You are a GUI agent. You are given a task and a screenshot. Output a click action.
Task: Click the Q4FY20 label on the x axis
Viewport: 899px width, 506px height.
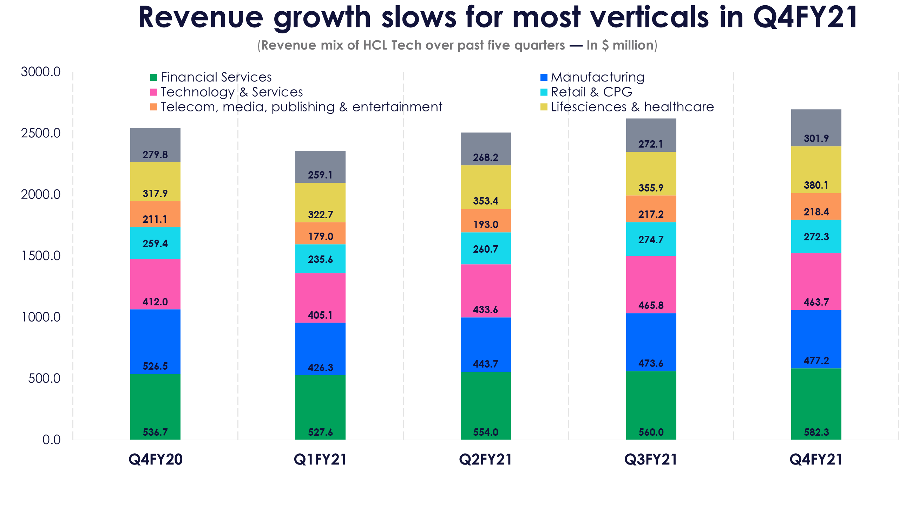point(156,459)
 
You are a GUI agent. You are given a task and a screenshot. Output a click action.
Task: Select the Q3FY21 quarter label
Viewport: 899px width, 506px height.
point(651,459)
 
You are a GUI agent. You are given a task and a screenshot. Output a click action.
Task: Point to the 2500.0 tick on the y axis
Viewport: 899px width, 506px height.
point(41,133)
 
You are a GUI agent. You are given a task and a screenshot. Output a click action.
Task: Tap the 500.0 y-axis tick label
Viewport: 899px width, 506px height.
point(44,378)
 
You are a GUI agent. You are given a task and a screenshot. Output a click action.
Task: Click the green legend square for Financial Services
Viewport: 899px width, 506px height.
point(153,77)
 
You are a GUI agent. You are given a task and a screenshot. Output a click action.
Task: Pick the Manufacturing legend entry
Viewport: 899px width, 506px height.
point(597,77)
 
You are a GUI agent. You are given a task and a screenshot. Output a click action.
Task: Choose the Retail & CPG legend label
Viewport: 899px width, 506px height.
point(591,92)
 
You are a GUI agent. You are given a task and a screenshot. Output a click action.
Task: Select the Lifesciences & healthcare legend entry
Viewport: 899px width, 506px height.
point(632,107)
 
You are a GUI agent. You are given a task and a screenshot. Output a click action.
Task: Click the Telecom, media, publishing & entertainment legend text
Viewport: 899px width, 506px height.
point(301,107)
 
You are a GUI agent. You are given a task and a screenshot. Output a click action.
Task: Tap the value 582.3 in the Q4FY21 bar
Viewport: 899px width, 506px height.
point(816,432)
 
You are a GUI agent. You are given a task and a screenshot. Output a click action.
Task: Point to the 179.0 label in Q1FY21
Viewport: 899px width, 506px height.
point(320,236)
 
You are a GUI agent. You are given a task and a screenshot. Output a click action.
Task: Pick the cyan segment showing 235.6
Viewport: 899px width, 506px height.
point(320,259)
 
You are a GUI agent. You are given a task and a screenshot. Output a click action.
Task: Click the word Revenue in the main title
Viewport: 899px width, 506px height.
point(201,18)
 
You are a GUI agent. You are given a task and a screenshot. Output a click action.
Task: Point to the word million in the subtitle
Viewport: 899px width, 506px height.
point(632,45)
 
